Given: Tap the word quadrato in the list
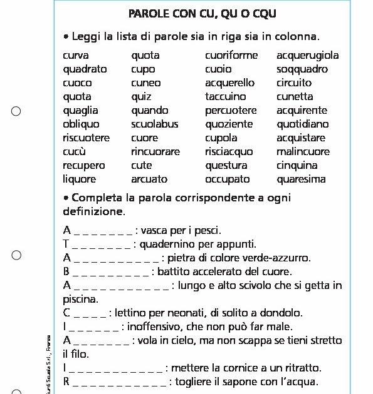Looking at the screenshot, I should point(85,69).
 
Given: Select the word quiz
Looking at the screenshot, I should point(141,97).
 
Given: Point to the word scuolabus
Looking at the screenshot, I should point(154,124).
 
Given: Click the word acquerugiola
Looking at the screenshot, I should point(307,56).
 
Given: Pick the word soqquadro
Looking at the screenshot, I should point(302,69).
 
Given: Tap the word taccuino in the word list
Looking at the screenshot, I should point(225,97).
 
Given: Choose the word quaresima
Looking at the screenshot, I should point(301,179).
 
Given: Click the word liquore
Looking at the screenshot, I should point(80,179).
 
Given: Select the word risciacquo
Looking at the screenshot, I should point(229,152).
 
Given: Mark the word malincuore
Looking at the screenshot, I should point(303,152).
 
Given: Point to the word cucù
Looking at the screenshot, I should point(75,152).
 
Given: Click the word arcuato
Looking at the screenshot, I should point(149,179).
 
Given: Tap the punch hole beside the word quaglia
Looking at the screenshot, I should point(17,111).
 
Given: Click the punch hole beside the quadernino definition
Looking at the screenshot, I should point(17,255).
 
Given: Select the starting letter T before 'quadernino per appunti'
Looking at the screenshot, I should point(66,244).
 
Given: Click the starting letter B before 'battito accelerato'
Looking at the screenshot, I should point(66,272).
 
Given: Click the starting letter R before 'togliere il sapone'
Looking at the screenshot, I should point(66,382).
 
